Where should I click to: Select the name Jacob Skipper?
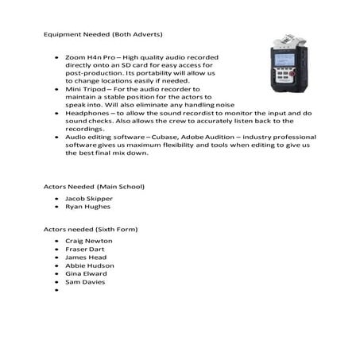[x=88, y=198]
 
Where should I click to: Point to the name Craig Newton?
[x=88, y=241]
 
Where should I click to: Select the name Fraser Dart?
[x=85, y=249]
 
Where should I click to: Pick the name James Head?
[x=85, y=257]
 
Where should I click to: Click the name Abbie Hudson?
[x=89, y=265]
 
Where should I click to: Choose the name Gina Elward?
[x=87, y=273]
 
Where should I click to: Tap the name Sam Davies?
[x=85, y=282]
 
